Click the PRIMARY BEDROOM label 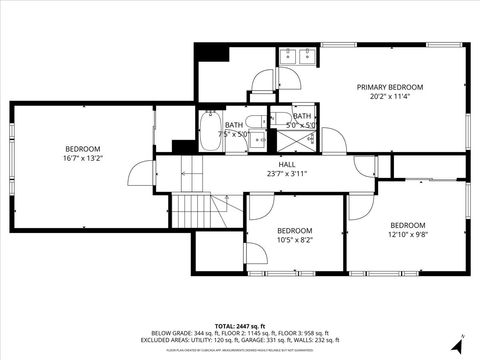[x=390, y=87]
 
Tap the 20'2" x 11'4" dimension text [x=390, y=97]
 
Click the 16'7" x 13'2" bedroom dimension [x=83, y=158]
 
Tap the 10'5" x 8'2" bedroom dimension [x=294, y=240]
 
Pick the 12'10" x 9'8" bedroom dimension [x=408, y=235]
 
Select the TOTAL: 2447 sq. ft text [x=240, y=326]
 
